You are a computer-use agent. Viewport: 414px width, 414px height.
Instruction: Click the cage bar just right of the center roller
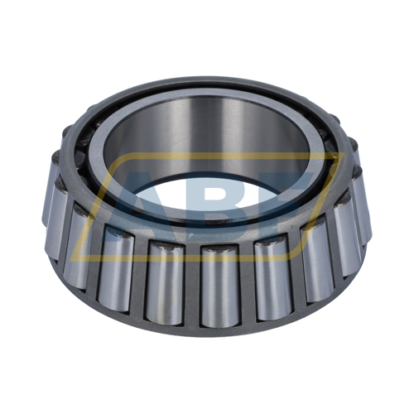(245, 286)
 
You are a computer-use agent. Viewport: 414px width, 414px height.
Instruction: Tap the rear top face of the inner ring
(207, 89)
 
